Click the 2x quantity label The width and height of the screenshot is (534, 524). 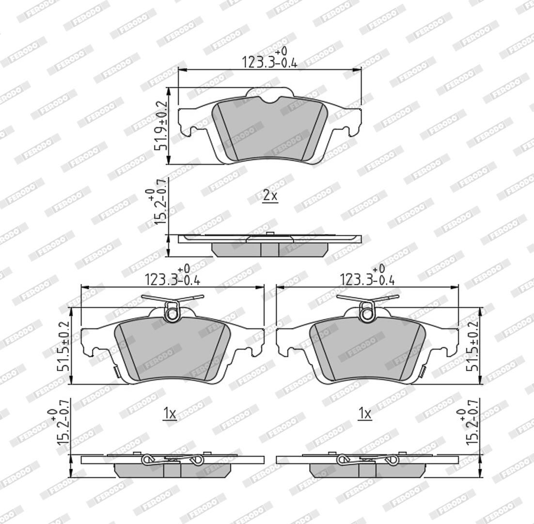point(271,196)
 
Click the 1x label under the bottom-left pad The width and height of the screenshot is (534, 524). point(169,414)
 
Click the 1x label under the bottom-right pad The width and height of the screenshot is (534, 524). point(364,414)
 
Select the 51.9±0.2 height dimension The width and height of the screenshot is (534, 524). point(161,126)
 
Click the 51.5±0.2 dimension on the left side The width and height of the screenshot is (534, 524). point(63,346)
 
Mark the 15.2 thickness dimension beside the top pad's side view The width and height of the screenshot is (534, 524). point(157,202)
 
